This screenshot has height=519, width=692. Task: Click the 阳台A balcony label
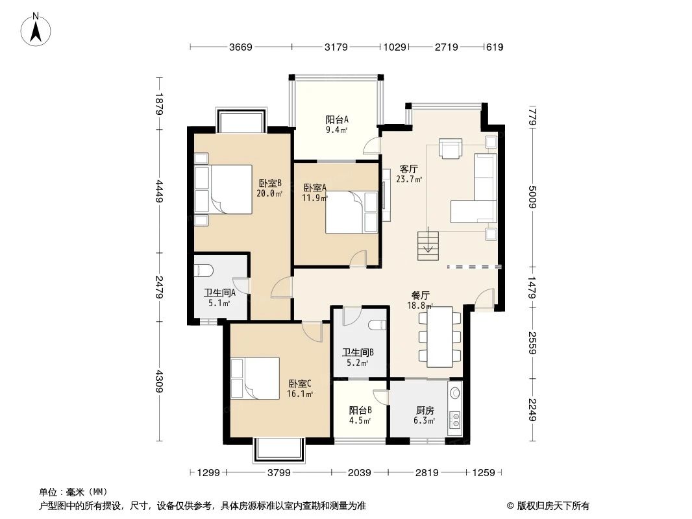[x=337, y=119]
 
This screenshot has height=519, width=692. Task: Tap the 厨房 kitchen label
[x=425, y=410]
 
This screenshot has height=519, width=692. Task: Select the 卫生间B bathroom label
[x=358, y=353]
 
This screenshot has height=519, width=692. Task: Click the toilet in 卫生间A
[x=203, y=271]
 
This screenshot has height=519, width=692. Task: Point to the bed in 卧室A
[x=351, y=212]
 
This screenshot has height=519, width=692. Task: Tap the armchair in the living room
[x=450, y=148]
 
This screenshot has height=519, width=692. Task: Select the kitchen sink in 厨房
[x=455, y=393]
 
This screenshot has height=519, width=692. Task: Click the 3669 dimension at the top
[x=240, y=47]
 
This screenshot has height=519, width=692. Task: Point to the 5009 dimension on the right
[x=532, y=197]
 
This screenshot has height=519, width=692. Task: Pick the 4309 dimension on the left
[x=159, y=381]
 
